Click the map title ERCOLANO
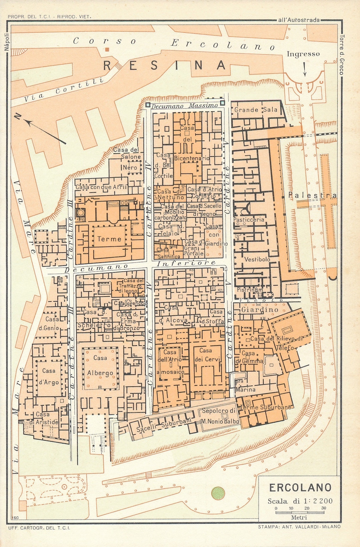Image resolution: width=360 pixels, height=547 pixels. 300,487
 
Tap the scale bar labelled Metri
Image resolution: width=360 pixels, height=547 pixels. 299,512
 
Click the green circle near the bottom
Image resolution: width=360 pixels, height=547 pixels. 218,493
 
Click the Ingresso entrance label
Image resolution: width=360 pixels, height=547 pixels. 303,54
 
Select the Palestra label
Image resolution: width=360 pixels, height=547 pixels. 312,195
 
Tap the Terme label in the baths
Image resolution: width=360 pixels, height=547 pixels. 109,239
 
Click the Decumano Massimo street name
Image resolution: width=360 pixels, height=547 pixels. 184,106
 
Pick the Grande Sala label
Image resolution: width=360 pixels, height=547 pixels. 256,110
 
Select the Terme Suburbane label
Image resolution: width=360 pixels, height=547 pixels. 266,407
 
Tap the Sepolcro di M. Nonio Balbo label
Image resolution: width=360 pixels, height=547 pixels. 219,416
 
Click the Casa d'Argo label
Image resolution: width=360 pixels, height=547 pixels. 49,377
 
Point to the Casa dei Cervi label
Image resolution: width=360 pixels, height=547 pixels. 205,355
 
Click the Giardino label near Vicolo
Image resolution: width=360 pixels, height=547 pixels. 260,310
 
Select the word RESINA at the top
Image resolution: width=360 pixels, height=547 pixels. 165,65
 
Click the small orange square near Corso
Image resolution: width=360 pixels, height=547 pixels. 107,50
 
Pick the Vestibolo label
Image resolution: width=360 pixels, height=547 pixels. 257,259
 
